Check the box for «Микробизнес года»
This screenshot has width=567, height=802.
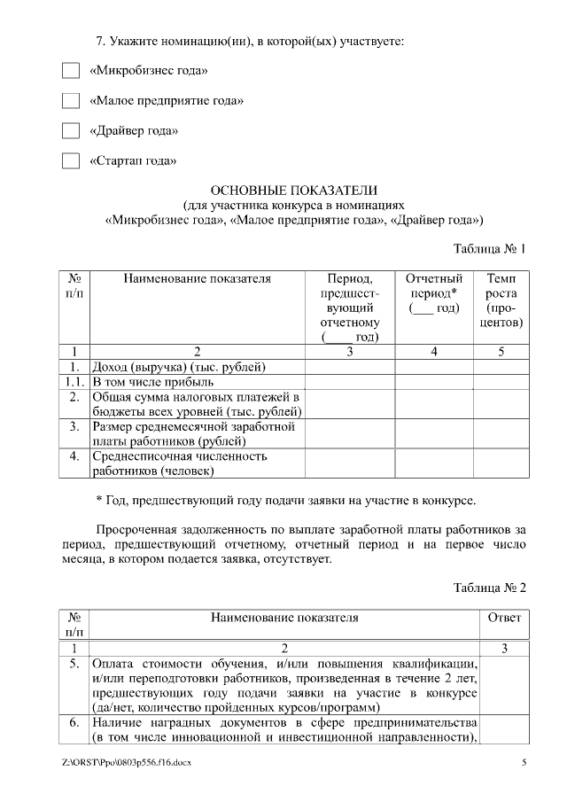[70, 70]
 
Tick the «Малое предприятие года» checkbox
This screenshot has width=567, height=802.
[70, 101]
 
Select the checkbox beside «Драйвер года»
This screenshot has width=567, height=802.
[70, 131]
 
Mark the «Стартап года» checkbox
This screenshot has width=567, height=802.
[70, 161]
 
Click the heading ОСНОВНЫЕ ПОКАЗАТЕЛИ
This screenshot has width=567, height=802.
[293, 190]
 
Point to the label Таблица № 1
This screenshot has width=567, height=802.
[490, 248]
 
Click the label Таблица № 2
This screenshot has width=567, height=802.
[490, 588]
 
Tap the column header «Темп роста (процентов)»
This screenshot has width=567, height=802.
[501, 300]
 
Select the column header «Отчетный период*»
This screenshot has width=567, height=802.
[434, 292]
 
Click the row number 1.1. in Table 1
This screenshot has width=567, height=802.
[75, 382]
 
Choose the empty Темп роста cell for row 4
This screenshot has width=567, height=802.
[501, 463]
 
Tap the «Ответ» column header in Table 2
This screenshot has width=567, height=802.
[504, 618]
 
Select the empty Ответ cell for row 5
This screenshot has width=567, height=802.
[504, 685]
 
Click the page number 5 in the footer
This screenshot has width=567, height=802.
[524, 762]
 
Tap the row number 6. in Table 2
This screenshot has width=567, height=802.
[75, 723]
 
